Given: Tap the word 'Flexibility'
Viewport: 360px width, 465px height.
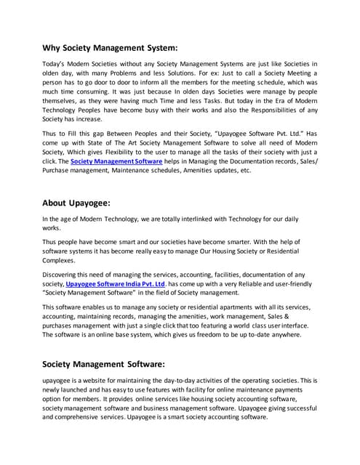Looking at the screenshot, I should click(x=115, y=149).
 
